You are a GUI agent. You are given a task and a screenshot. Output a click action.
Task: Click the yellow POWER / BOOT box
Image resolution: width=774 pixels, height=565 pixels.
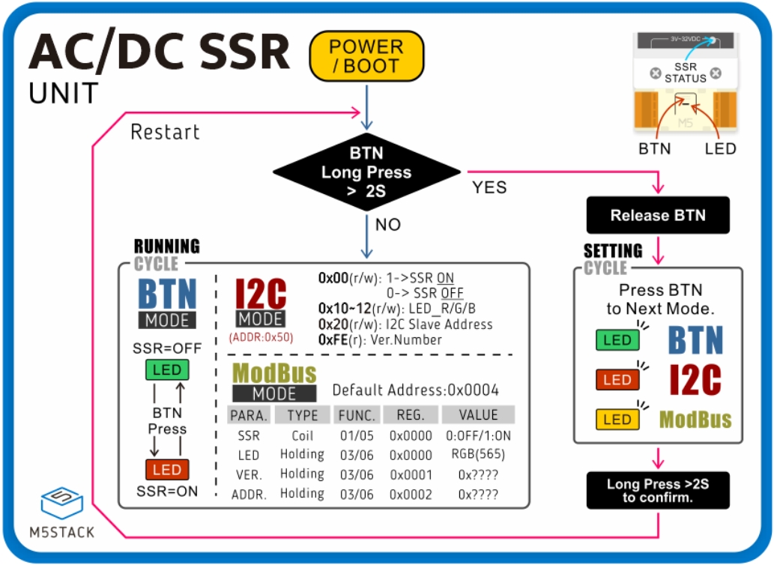[366, 56]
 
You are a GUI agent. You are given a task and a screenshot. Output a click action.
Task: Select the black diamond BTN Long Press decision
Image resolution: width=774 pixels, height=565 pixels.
[366, 172]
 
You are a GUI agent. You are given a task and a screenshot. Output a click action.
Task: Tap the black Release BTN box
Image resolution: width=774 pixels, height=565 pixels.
[658, 216]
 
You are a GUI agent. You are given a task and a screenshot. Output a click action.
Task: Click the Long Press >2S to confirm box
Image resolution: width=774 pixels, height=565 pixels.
[658, 491]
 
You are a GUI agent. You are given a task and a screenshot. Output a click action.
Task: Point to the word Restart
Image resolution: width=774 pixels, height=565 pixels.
[165, 133]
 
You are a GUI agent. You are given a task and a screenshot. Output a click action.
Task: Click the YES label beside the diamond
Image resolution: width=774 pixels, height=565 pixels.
[489, 187]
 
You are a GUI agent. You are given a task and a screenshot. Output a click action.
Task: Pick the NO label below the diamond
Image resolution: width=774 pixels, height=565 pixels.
[387, 225]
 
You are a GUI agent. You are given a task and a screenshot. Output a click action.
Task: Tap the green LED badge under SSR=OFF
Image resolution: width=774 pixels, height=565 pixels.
[167, 369]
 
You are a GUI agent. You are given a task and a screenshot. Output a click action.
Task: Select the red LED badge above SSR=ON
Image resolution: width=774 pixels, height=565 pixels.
[167, 470]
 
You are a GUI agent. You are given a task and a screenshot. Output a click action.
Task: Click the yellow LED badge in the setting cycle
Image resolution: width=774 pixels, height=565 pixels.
[617, 420]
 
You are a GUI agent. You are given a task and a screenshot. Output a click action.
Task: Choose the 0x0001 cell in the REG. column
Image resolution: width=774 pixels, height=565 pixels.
[411, 474]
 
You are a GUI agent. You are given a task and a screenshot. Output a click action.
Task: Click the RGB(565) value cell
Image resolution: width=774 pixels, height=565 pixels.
[478, 455]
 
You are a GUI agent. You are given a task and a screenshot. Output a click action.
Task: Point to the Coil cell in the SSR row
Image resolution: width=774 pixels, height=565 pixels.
[302, 435]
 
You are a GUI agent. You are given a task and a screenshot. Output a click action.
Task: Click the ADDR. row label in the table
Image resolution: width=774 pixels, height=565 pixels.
[249, 495]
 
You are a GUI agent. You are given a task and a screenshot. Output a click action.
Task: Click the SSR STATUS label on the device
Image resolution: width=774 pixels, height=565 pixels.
[685, 73]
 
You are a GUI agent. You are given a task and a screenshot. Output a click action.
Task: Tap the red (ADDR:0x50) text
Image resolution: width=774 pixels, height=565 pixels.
[261, 337]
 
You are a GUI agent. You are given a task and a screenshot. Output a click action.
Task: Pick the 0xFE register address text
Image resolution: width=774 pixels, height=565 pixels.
[333, 340]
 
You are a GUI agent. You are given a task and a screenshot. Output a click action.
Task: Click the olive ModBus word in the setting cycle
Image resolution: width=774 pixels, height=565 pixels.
[695, 420]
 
